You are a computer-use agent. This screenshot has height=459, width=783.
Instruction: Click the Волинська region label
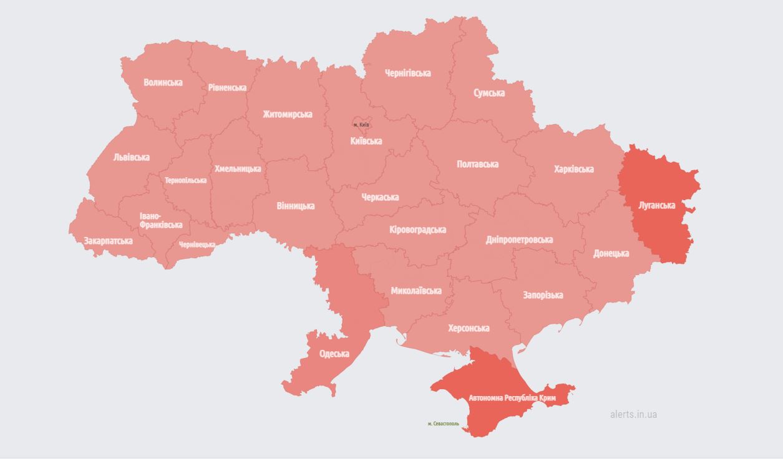point(163,82)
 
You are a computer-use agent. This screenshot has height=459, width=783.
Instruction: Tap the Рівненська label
point(227,88)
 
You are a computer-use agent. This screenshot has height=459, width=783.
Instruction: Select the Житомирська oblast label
point(287,114)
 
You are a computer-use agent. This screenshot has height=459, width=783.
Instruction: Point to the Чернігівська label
point(407,73)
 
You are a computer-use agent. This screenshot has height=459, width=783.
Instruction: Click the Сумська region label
point(489,93)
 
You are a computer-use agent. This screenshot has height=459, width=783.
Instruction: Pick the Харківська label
point(573,169)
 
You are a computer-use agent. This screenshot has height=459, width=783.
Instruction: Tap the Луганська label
point(657,205)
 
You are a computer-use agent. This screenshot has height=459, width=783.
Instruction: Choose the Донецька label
point(611,253)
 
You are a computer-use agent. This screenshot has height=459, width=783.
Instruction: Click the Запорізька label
point(543,295)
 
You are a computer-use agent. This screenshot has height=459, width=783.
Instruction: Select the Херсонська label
point(469,328)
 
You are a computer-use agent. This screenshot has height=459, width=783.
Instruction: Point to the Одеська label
point(334,354)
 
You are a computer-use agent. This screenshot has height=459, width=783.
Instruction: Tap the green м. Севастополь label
point(443,423)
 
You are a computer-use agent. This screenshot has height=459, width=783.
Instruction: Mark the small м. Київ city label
point(361,125)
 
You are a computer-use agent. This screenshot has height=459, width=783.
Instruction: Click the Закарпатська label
point(108,241)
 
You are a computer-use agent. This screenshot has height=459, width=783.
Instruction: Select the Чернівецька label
point(197,244)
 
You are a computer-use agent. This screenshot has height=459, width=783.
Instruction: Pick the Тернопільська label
point(185,180)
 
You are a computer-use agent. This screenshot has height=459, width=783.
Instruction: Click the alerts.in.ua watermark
point(633,414)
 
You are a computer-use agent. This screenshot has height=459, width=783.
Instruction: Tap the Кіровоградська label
point(417,229)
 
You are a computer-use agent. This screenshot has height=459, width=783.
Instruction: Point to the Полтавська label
point(477,164)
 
